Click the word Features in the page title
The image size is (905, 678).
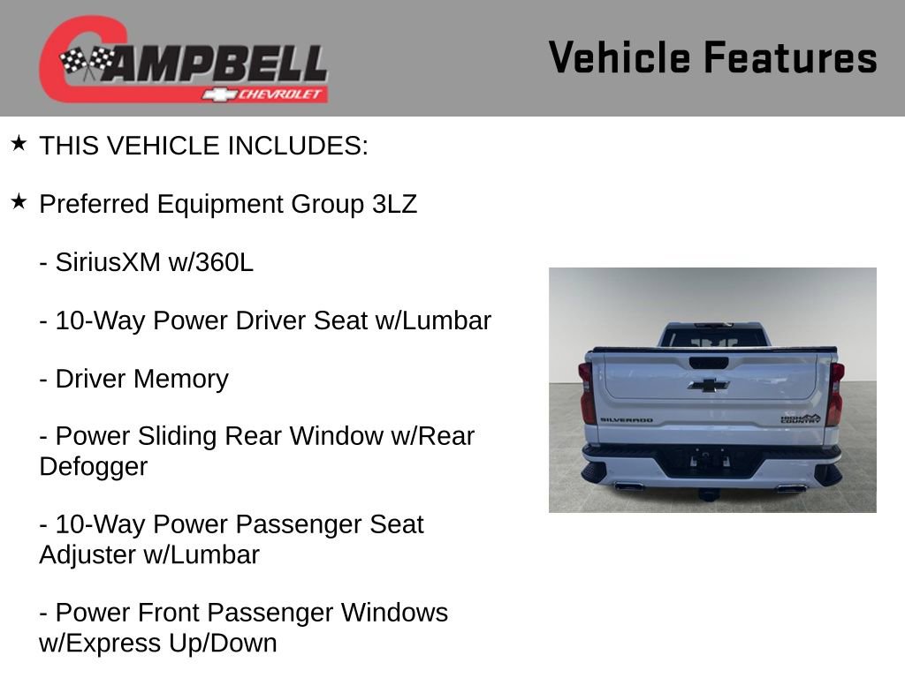[790, 57]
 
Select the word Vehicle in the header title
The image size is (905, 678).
[620, 57]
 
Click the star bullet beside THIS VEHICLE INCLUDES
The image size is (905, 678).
[19, 144]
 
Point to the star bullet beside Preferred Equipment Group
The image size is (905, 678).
[19, 203]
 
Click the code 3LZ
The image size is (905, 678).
[394, 204]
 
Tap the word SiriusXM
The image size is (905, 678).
[108, 262]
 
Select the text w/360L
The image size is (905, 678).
[210, 262]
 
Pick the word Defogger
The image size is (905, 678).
[94, 466]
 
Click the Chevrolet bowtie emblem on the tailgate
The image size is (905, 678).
[709, 385]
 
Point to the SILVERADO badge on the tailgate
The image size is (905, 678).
[626, 420]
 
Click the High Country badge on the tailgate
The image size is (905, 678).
[800, 418]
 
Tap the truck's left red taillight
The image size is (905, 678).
[586, 394]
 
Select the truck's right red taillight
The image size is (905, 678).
[833, 394]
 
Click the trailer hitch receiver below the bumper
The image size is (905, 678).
[709, 491]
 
